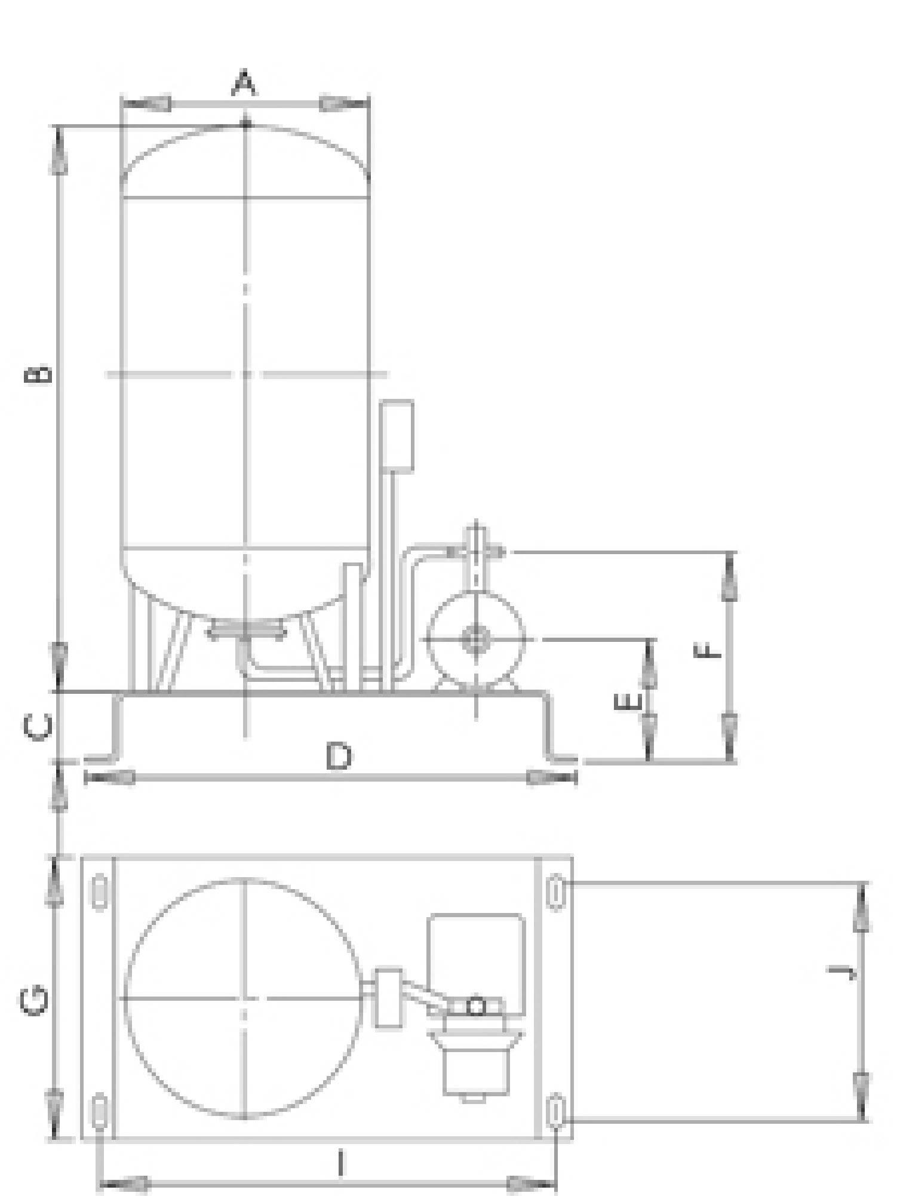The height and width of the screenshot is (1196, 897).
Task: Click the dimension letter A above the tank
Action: pos(244,83)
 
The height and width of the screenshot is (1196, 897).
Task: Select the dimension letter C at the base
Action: pos(38,727)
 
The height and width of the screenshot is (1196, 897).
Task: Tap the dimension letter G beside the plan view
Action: pos(34,1001)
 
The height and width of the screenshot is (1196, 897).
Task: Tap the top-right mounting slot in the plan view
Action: pos(555,892)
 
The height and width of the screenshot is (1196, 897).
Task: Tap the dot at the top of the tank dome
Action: pos(245,124)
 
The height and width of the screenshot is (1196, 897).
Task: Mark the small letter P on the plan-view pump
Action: pos(476,1007)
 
